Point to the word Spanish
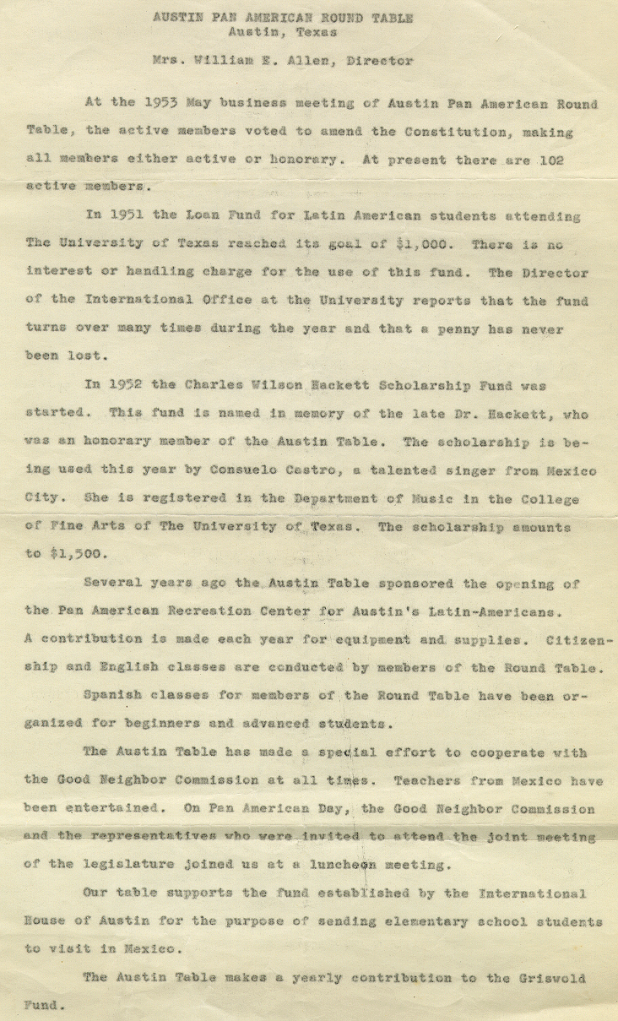(114, 696)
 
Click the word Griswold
(551, 977)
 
